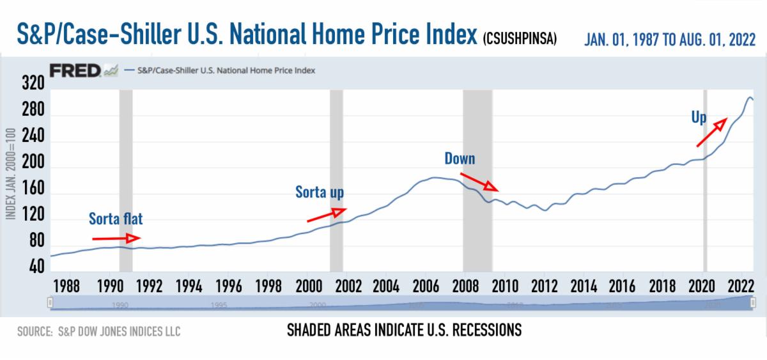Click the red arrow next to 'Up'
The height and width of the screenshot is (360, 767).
pos(711,132)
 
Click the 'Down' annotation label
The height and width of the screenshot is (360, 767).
pos(460,158)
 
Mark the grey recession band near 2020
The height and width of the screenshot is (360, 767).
pos(704,179)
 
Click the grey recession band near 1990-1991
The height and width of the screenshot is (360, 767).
pos(125,179)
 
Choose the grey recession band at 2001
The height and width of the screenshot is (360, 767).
pos(336,179)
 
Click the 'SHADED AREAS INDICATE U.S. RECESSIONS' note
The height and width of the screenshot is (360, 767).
pos(403,330)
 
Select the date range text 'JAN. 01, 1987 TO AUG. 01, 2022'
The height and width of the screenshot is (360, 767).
pos(670,40)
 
